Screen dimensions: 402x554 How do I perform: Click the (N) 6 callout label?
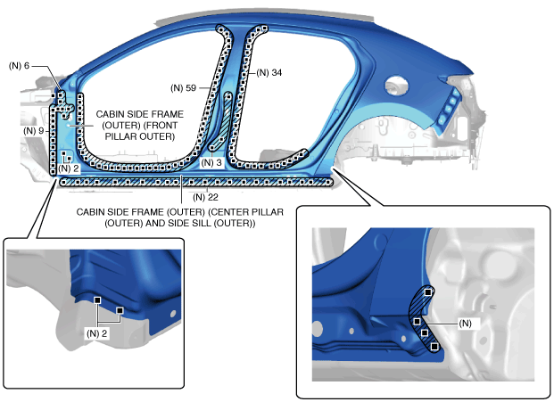pos(19,66)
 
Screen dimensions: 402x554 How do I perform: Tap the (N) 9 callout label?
pos(34,131)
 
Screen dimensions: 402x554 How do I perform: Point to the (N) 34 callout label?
pos(269,73)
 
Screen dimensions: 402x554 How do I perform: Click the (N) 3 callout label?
pos(212,162)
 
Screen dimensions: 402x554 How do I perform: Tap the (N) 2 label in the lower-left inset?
pos(97,332)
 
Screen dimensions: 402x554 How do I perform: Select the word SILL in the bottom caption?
pos(214,223)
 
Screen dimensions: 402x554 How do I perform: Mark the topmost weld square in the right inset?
pos(429,291)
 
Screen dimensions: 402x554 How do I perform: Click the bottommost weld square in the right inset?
pos(434,346)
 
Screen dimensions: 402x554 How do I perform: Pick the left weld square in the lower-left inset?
pos(97,301)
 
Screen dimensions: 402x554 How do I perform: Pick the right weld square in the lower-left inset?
pos(119,311)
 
